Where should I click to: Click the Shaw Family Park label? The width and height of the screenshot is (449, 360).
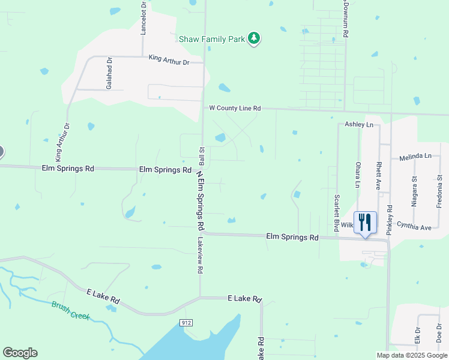tap(212, 39)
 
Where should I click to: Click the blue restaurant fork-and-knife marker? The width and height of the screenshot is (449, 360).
tap(365, 223)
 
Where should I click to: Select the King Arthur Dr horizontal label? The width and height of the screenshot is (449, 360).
tap(169, 61)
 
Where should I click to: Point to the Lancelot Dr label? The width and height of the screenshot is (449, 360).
tap(143, 18)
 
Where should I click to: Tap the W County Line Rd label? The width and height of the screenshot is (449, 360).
tap(235, 109)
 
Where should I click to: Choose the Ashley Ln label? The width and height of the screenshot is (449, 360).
tap(359, 124)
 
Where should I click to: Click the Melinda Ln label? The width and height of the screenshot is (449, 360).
tap(415, 156)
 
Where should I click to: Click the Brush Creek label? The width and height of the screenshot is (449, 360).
tap(70, 310)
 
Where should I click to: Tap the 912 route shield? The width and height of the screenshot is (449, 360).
tap(186, 323)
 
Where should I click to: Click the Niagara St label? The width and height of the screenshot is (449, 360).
tap(414, 191)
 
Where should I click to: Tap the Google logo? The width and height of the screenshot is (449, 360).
tap(20, 353)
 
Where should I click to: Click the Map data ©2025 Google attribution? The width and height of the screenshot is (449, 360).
tap(412, 355)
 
